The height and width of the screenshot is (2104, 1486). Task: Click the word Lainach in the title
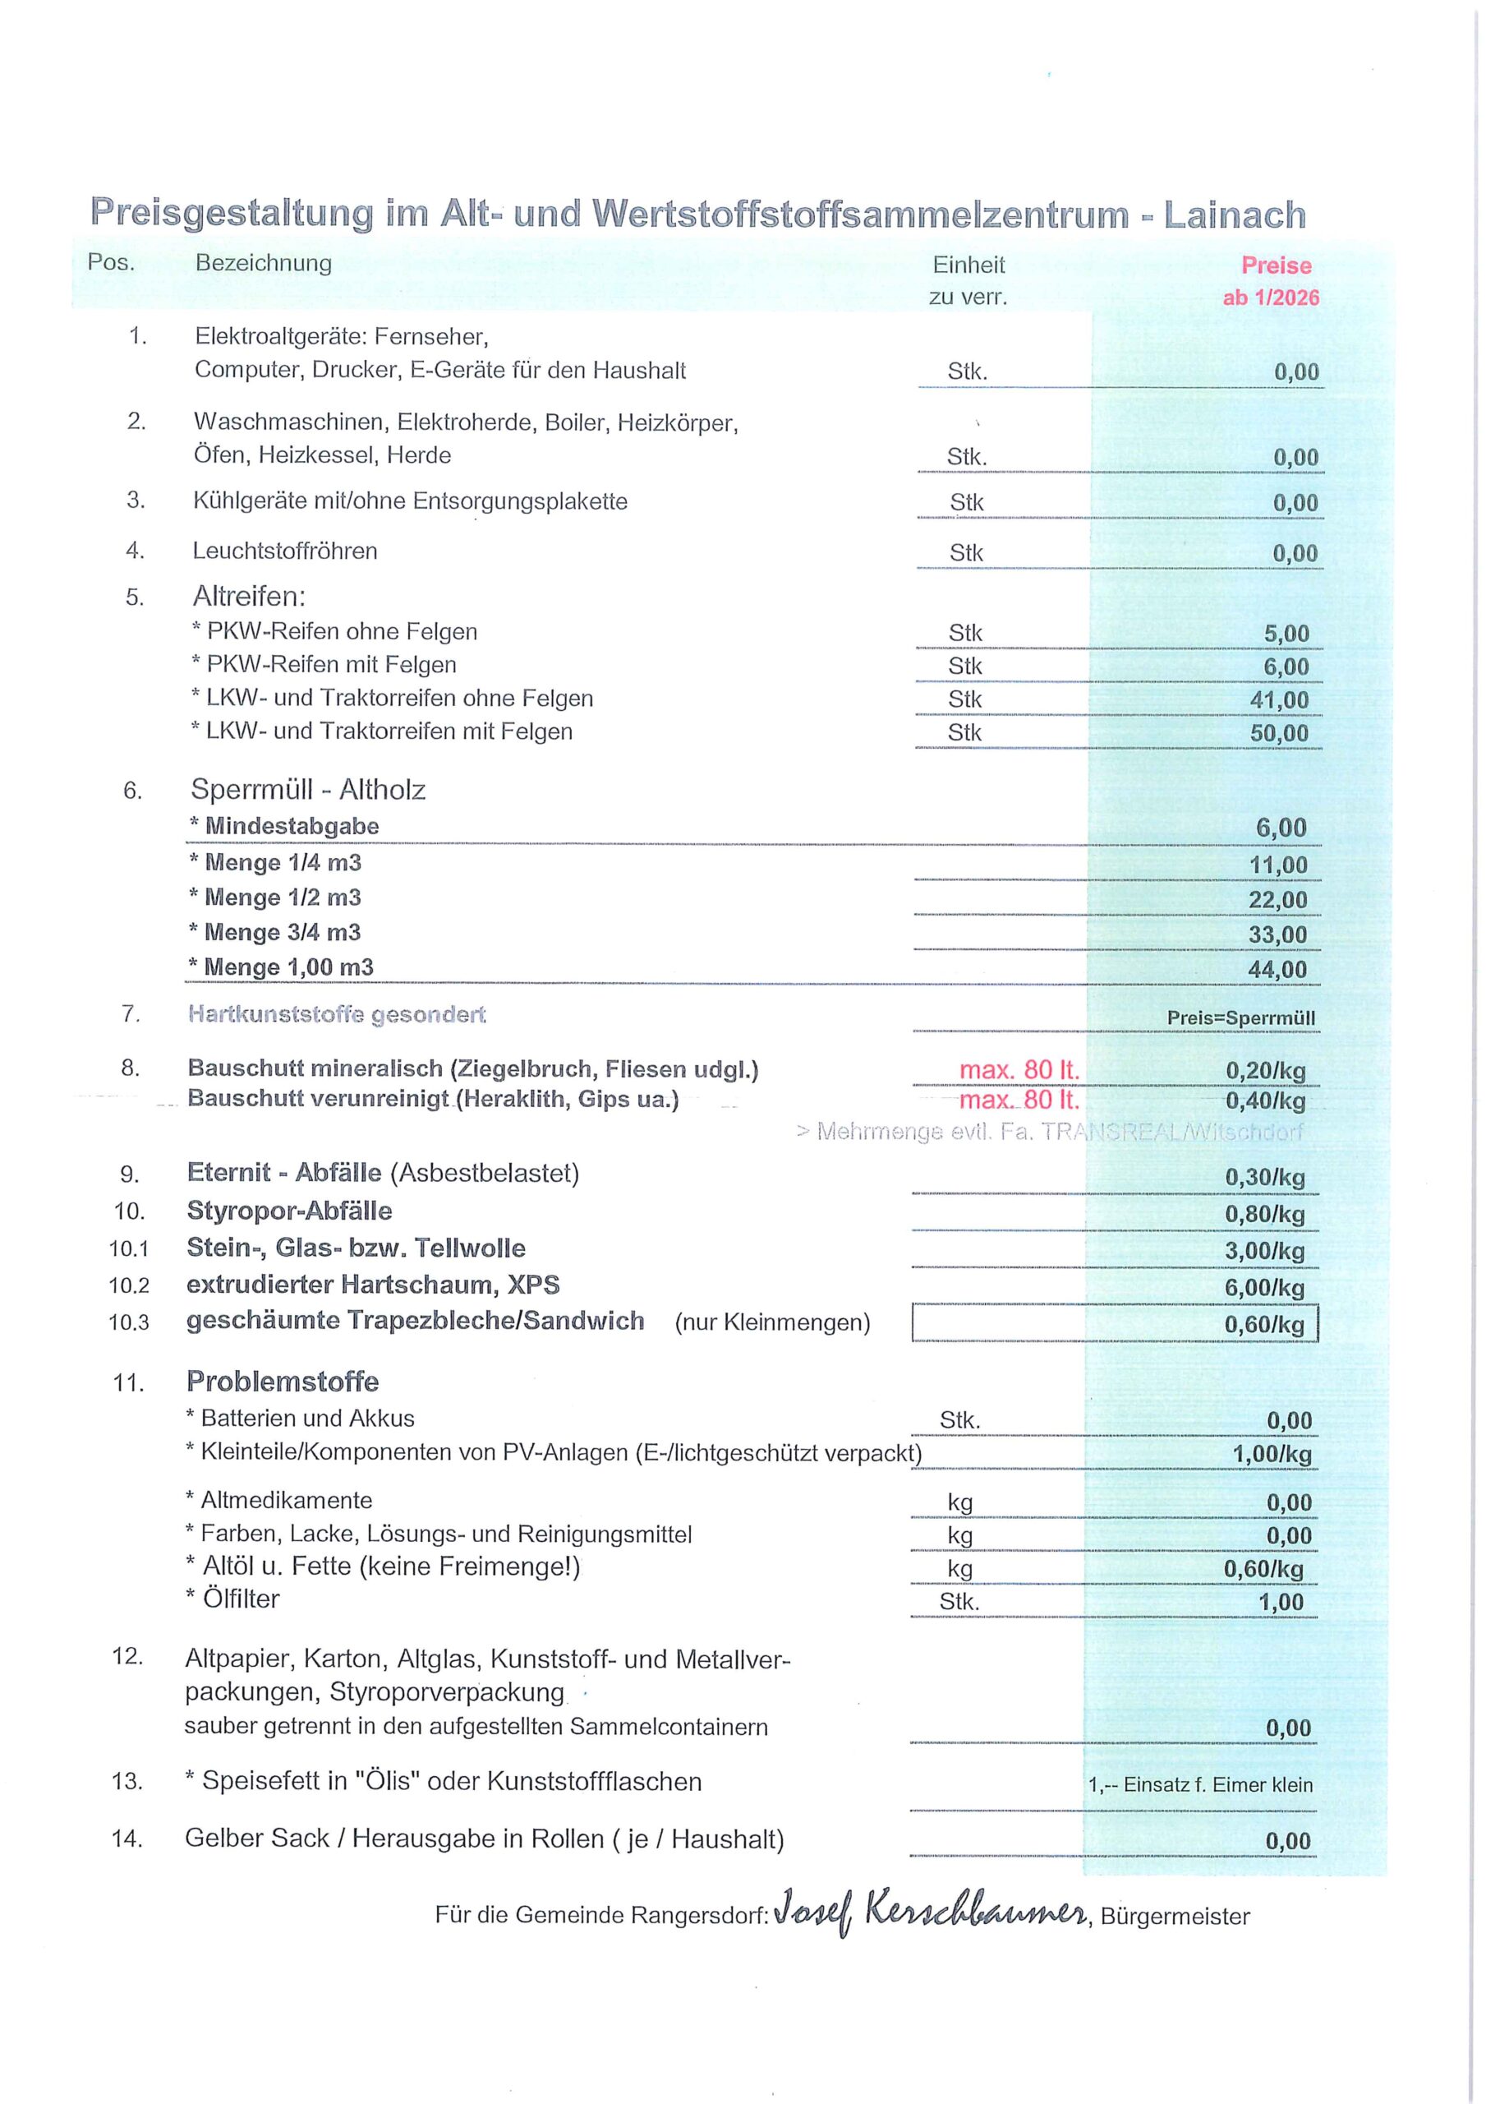click(x=1234, y=216)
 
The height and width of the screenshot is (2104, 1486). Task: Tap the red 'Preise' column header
click(x=1277, y=265)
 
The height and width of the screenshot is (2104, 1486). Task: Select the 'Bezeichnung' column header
click(x=264, y=264)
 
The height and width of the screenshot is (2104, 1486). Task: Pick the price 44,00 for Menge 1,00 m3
click(x=1278, y=970)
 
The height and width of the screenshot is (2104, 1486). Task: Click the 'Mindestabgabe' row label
click(x=292, y=827)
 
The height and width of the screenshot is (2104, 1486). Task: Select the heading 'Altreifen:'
click(x=249, y=598)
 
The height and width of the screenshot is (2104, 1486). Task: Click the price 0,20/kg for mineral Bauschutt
click(x=1265, y=1070)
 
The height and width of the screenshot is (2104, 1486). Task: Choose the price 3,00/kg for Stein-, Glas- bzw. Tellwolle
click(x=1265, y=1251)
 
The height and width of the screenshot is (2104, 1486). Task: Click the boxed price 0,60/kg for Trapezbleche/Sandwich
click(x=1264, y=1325)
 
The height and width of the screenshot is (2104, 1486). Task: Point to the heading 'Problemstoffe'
click(x=283, y=1382)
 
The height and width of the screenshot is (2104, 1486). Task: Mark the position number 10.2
click(x=129, y=1285)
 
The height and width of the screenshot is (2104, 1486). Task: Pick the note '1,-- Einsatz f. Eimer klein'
click(x=1200, y=1784)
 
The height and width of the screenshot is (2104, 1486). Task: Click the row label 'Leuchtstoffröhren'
click(x=285, y=551)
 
